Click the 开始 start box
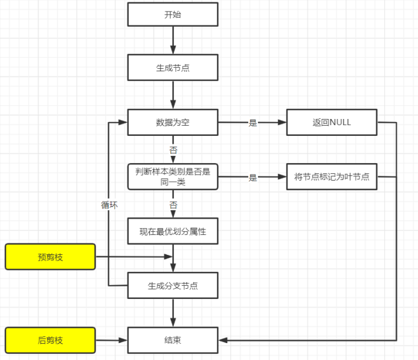(173, 14)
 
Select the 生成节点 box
(173, 68)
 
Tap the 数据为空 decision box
(173, 123)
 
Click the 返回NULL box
(332, 123)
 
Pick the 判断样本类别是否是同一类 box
(173, 176)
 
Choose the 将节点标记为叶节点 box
(332, 176)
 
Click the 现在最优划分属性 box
(173, 231)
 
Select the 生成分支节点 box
(173, 285)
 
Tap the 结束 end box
(173, 340)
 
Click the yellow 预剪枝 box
(50, 257)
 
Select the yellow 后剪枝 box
(50, 340)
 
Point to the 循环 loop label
(109, 205)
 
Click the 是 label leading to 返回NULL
(252, 123)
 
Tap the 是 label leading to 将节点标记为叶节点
(252, 178)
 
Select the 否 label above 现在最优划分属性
(173, 205)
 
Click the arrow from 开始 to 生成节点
(173, 40)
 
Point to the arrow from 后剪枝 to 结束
(112, 340)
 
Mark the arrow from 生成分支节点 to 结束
(173, 313)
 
